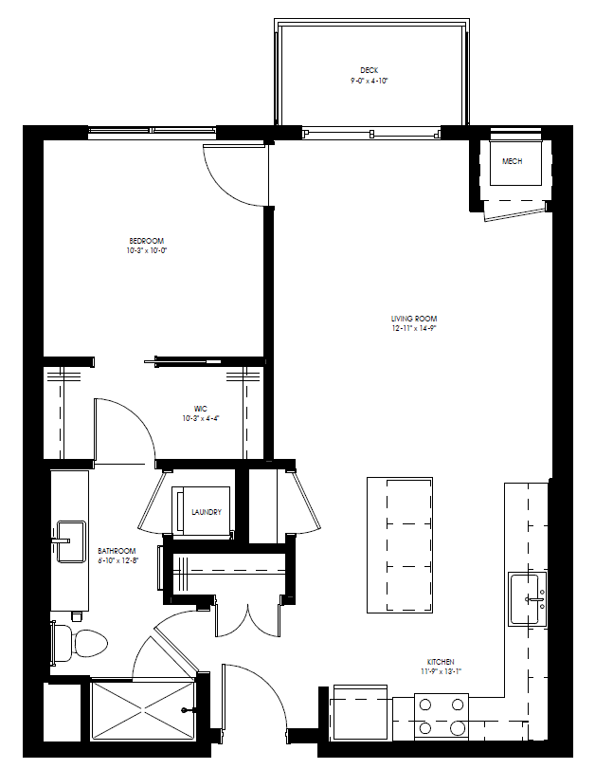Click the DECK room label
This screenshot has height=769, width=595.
[x=370, y=70]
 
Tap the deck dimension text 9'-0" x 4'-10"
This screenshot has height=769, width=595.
[x=370, y=81]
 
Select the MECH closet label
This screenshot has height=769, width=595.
[x=512, y=161]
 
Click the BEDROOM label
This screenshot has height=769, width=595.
[x=147, y=241]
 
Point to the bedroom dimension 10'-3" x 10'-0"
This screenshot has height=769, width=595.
[x=147, y=251]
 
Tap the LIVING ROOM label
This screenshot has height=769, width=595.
[x=414, y=319]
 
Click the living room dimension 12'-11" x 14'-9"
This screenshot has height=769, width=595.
[x=414, y=328]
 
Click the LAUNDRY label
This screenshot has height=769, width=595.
[x=207, y=512]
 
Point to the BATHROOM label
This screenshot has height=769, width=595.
[x=117, y=551]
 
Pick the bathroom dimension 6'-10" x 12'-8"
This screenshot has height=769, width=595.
[x=117, y=561]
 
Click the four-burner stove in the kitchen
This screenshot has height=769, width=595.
[x=442, y=716]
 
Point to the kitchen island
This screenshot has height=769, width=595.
[x=400, y=544]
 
